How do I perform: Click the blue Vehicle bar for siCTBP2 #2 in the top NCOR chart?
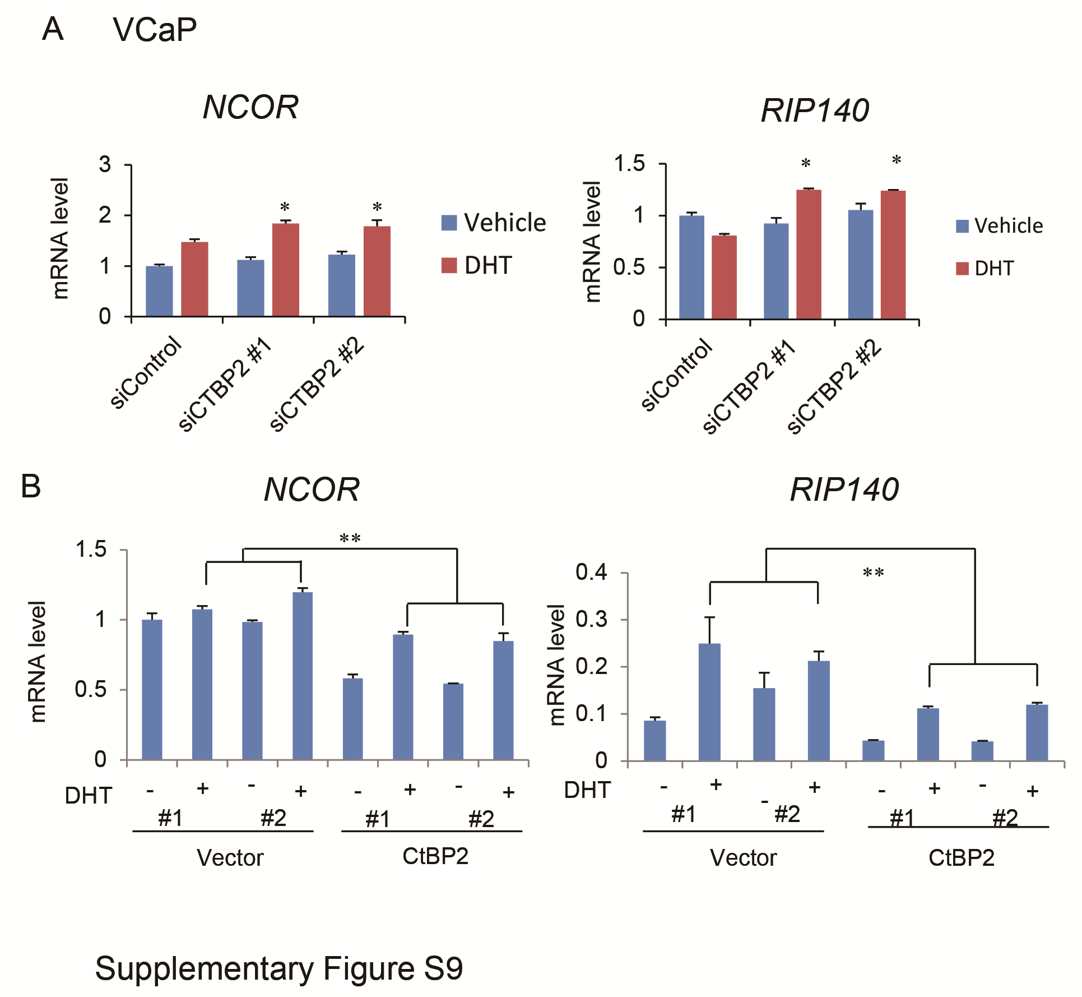(341, 285)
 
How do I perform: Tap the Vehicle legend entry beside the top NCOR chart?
(493, 223)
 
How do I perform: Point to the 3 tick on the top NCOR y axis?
(105, 165)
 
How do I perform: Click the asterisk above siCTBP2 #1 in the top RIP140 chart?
(805, 164)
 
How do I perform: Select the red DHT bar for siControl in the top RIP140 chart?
(724, 277)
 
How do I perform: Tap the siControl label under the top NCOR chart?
(146, 372)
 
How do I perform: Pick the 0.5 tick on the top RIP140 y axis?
(629, 267)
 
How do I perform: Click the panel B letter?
(31, 486)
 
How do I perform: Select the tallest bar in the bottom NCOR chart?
(303, 675)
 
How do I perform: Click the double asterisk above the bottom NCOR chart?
(350, 539)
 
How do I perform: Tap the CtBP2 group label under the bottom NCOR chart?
(435, 856)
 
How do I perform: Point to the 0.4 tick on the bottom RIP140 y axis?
(591, 573)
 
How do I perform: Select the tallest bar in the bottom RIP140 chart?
(709, 701)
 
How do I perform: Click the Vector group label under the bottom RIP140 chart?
(743, 858)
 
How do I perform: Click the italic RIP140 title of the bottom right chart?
(844, 490)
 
